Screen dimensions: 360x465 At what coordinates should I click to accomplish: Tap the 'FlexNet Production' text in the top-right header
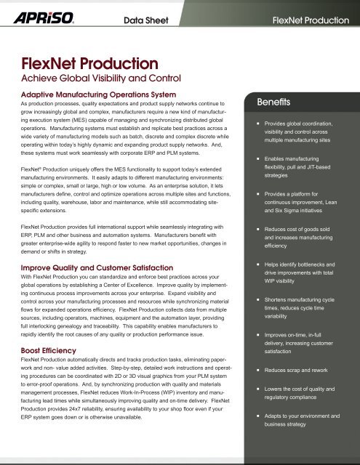point(309,16)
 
